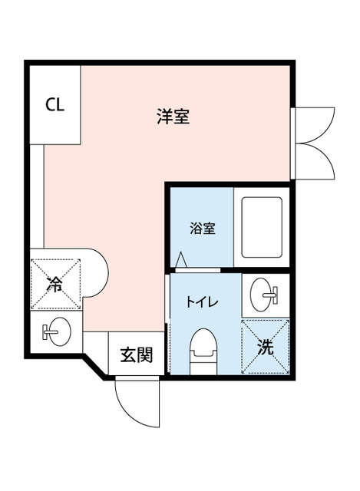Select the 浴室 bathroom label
pos(202,228)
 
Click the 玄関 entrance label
pos(136,355)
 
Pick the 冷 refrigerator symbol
pos(55,284)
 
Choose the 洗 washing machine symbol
pos(266,347)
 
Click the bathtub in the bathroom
pos(263,228)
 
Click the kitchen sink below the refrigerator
pos(57,331)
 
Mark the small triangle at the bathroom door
pos(181,261)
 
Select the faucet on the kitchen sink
pos(48,331)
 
